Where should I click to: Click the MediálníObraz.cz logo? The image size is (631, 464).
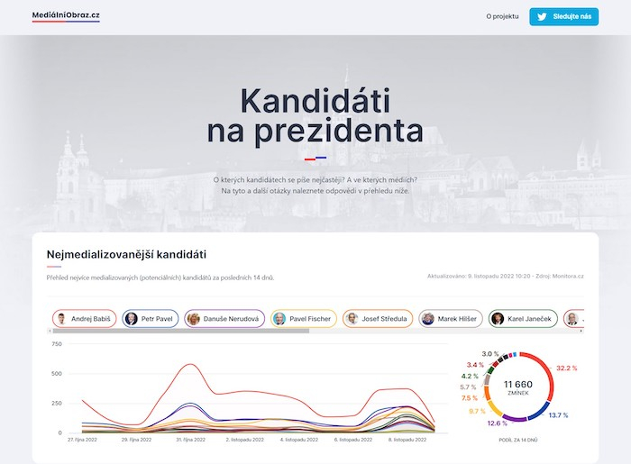(66, 16)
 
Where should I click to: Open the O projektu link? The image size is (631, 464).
(502, 16)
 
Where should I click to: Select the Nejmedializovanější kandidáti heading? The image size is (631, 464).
(127, 254)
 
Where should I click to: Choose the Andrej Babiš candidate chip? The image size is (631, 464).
(85, 319)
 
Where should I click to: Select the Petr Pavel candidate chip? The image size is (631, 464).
(151, 319)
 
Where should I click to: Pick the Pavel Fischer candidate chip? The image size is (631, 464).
(303, 319)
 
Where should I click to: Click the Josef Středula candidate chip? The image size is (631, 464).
(378, 319)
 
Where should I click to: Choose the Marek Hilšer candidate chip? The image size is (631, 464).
(451, 319)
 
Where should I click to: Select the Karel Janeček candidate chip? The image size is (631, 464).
(522, 319)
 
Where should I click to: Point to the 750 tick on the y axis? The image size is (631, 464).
(57, 344)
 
